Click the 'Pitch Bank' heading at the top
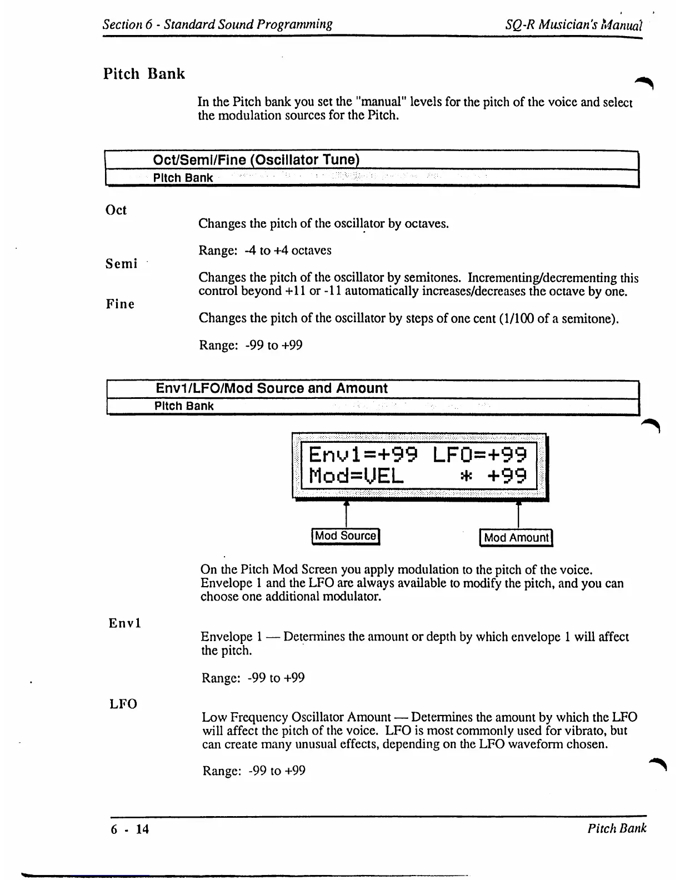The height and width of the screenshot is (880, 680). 144,74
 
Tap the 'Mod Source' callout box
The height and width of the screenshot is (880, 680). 346,536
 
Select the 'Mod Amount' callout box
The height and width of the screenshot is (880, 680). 516,538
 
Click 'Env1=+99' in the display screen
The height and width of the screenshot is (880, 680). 363,455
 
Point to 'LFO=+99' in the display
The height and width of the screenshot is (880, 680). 479,455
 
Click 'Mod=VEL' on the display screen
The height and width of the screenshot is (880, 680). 356,476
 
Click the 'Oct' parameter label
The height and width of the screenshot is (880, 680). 116,210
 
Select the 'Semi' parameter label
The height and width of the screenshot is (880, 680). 122,264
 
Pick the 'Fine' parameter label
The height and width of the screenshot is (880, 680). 120,304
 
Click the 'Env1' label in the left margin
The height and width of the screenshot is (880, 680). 125,623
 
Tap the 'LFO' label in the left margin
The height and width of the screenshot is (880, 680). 123,704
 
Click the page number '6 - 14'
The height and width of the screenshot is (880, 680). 130,829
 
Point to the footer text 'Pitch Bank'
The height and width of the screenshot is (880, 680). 617,828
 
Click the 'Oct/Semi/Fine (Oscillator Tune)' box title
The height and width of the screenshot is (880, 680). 256,160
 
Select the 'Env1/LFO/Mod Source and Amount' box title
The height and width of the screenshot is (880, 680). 271,388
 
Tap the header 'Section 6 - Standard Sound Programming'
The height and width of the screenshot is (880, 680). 218,24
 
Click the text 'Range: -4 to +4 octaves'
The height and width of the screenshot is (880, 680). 265,251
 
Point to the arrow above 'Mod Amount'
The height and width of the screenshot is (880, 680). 518,514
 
